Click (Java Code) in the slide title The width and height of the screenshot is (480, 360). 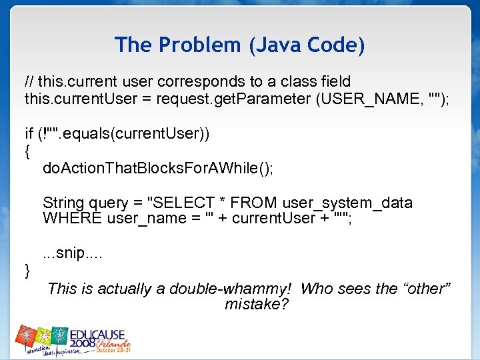(307, 46)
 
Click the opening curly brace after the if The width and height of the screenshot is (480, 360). (27, 151)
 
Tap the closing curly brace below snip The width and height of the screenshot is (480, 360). (27, 270)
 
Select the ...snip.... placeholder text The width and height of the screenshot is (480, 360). (73, 254)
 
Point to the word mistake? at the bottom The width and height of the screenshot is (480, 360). (257, 305)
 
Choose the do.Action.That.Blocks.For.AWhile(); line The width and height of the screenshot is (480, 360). (157, 169)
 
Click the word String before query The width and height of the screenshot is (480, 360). (64, 203)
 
